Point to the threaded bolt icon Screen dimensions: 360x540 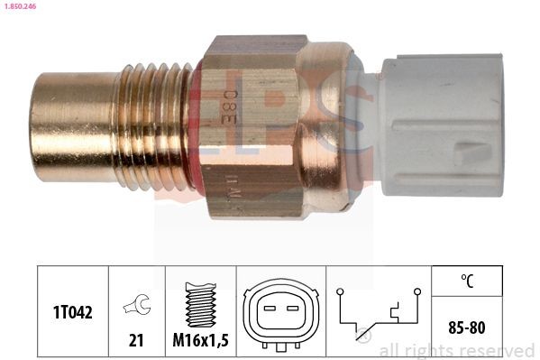(200, 300)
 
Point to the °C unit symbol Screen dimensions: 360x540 (467, 281)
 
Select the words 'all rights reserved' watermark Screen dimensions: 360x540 (457, 350)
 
